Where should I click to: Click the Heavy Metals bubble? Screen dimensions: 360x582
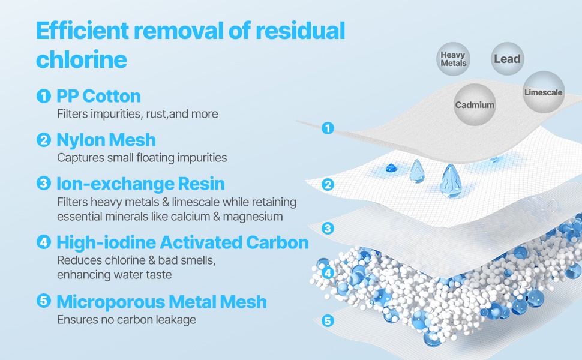tap(453, 59)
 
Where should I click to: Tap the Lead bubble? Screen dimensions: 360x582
tap(507, 59)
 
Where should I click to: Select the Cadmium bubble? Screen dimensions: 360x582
tap(475, 105)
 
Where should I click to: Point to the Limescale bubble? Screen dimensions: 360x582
tap(543, 92)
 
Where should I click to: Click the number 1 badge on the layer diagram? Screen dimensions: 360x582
tap(327, 128)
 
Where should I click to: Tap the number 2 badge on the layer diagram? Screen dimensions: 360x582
tap(328, 185)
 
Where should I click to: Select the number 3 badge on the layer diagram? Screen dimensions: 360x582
tap(328, 228)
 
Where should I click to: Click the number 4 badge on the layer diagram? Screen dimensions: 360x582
tap(328, 273)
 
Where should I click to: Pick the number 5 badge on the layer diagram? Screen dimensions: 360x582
tap(328, 320)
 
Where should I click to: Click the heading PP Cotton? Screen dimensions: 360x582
tap(98, 96)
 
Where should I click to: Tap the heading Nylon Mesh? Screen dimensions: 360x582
tap(106, 140)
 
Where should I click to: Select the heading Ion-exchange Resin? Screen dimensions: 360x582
tap(140, 184)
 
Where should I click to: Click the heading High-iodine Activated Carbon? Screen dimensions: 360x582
tap(182, 242)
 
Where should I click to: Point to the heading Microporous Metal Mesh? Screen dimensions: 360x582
tap(161, 301)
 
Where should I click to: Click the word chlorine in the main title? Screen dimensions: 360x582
tap(82, 59)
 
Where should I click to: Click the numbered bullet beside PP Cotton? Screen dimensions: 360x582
tap(43, 95)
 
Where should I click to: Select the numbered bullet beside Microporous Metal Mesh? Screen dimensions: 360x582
tap(43, 301)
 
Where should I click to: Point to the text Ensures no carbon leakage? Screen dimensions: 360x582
tap(127, 320)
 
